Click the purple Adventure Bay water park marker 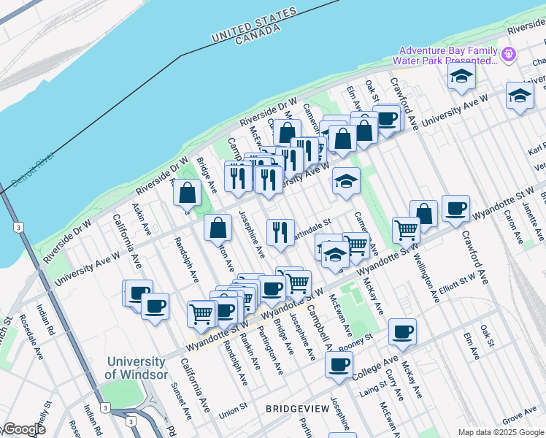pyautogui.click(x=509, y=53)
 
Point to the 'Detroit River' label pyautogui.click(x=34, y=169)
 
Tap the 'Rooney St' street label pyautogui.click(x=355, y=339)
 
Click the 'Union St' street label pyautogui.click(x=234, y=410)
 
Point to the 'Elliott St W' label pyautogui.click(x=457, y=283)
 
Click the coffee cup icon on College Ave pyautogui.click(x=339, y=365)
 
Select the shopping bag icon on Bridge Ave pyautogui.click(x=188, y=193)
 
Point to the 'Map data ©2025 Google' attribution pyautogui.click(x=501, y=432)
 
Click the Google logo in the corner pyautogui.click(x=23, y=429)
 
